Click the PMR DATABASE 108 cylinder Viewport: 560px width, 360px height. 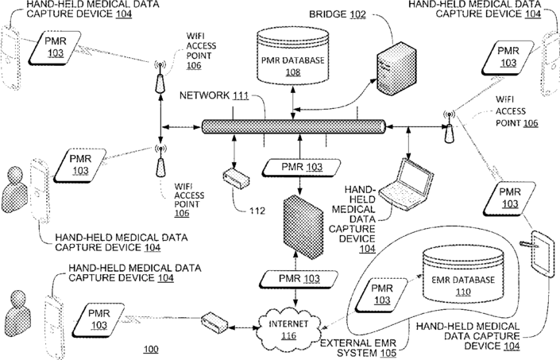pos(292,56)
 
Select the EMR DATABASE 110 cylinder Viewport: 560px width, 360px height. pos(463,274)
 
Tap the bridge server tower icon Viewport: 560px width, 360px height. pos(396,68)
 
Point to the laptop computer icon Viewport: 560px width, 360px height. pos(407,184)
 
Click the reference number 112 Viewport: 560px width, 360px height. pos(257,211)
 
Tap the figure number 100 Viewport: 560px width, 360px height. pos(151,349)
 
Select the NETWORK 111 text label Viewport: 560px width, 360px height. pos(214,95)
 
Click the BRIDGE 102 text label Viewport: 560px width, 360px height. pos(338,14)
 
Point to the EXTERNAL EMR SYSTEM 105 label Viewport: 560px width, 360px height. pos(358,348)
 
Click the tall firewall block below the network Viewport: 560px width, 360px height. pos(303,226)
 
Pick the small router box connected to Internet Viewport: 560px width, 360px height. pos(214,323)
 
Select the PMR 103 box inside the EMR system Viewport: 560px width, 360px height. pos(382,294)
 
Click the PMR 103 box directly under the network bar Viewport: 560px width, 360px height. pos(301,167)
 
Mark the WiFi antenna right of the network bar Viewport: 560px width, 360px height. pos(449,127)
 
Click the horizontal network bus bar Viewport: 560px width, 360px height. pos(294,127)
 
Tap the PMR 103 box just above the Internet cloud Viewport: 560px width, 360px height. pos(299,279)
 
